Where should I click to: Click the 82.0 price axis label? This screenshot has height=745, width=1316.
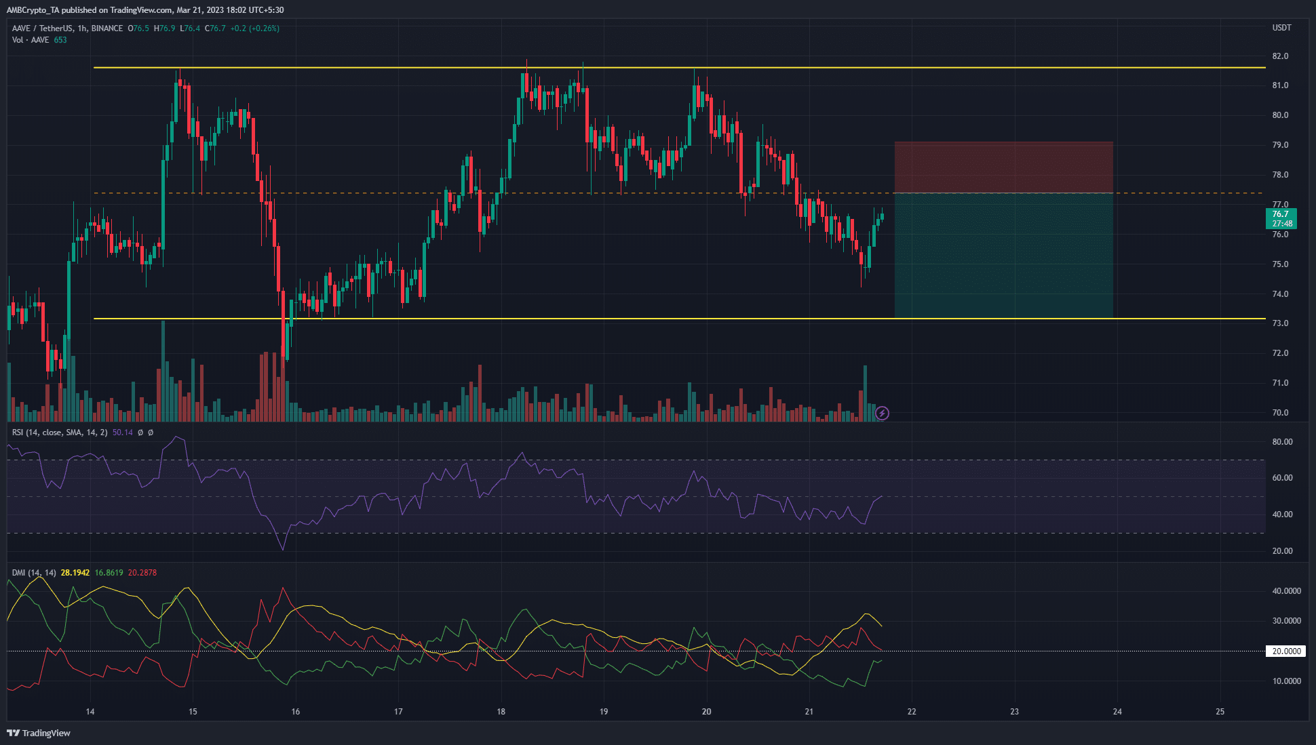coord(1280,56)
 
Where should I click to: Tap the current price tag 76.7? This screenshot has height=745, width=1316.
coord(1280,214)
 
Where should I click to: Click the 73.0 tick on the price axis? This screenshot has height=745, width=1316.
coord(1280,323)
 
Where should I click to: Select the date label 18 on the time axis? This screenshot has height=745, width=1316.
coord(501,712)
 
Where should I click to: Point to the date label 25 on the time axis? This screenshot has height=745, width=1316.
coord(1220,712)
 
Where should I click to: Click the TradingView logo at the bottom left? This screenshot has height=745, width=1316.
coord(39,733)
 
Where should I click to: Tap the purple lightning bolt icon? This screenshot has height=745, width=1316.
coord(882,413)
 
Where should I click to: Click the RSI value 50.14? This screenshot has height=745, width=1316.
coord(123,432)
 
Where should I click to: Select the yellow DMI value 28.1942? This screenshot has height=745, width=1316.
coord(75,573)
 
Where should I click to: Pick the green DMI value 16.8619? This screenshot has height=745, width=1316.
coord(109,573)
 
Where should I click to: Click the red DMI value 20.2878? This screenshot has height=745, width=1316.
coord(142,573)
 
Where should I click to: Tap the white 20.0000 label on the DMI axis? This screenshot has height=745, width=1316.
coord(1285,651)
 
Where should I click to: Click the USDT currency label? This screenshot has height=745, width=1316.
coord(1281,28)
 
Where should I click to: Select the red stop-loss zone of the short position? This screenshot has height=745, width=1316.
coord(1003,167)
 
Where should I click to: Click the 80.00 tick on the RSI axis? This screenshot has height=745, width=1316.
coord(1282,442)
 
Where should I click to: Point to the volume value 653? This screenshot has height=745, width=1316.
coord(60,40)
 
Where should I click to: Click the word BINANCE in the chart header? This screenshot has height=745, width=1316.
coord(107,28)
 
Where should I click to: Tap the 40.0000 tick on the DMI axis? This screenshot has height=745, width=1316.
coord(1285,591)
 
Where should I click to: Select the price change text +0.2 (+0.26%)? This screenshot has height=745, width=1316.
coord(254,28)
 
